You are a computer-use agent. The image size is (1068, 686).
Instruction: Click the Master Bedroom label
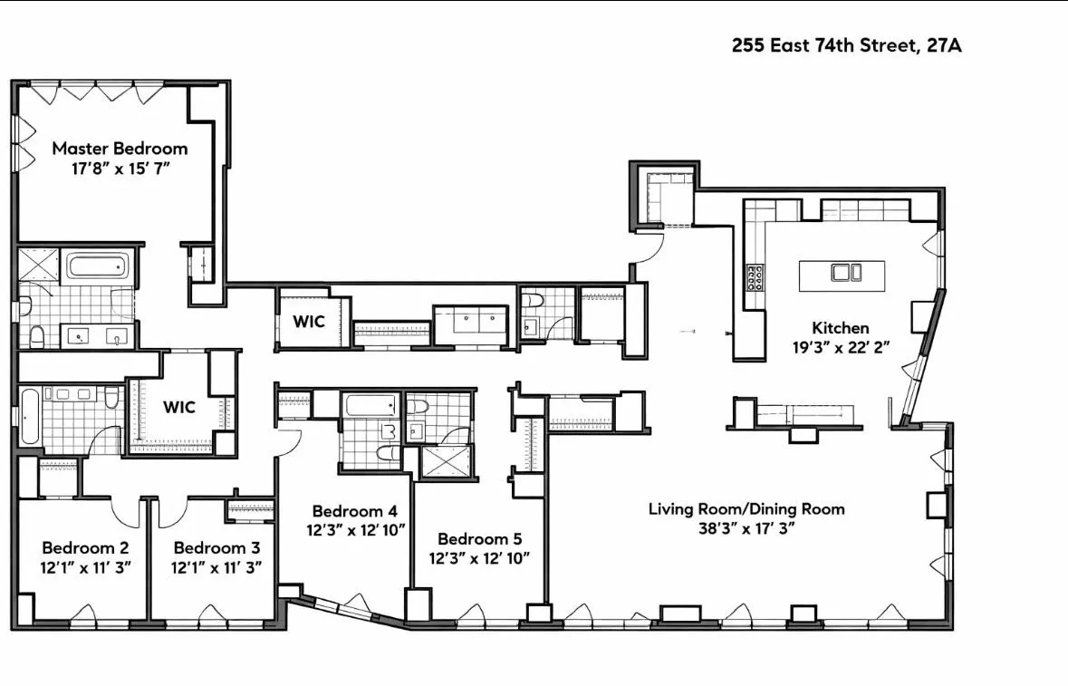pyautogui.click(x=120, y=148)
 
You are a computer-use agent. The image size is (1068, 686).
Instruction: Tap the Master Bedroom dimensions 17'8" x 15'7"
pyautogui.click(x=120, y=169)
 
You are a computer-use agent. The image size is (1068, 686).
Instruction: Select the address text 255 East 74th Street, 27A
pyautogui.click(x=846, y=46)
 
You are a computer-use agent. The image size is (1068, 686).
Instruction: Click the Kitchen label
pyautogui.click(x=840, y=328)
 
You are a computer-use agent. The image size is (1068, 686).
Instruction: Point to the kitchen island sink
pyautogui.click(x=842, y=273)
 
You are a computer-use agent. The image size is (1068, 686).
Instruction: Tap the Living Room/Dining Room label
pyautogui.click(x=746, y=508)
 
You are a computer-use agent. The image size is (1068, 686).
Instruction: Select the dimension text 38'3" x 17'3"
pyautogui.click(x=746, y=529)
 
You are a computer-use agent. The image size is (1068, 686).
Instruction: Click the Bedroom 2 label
pyautogui.click(x=85, y=547)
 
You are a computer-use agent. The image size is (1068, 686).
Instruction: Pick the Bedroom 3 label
pyautogui.click(x=216, y=547)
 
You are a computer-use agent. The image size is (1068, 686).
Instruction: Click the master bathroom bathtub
pyautogui.click(x=99, y=267)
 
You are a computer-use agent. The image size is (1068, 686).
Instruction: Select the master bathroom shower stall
pyautogui.click(x=37, y=266)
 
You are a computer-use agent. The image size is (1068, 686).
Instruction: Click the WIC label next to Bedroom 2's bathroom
pyautogui.click(x=179, y=407)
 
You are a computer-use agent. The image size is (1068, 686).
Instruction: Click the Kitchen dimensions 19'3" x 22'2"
pyautogui.click(x=840, y=349)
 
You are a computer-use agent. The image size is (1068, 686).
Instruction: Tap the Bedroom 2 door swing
pyautogui.click(x=127, y=512)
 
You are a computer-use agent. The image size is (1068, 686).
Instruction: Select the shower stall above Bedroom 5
pyautogui.click(x=443, y=463)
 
